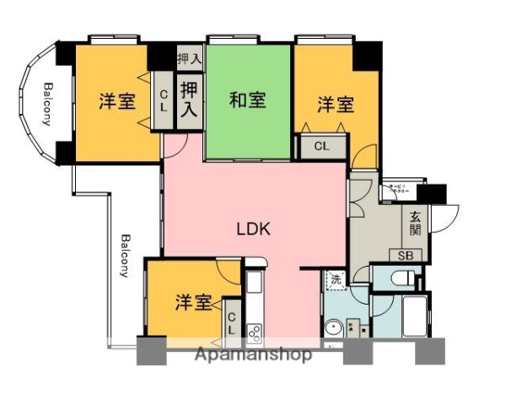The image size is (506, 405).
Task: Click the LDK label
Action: click(252, 228)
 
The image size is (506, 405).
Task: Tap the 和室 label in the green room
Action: click(248, 100)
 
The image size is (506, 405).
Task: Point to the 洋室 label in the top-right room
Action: click(336, 105)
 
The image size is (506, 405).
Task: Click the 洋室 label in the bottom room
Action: click(193, 302)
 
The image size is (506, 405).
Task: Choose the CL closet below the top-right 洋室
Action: click(322, 146)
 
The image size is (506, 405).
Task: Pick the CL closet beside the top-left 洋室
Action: click(164, 101)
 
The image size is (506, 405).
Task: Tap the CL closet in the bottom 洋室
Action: click(232, 324)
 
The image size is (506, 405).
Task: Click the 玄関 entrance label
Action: click(416, 223)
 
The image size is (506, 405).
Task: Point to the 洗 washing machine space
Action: click(336, 280)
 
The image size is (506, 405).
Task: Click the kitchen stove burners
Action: click(253, 334)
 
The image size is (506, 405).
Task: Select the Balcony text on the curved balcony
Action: click(47, 104)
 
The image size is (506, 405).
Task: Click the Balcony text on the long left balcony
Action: click(123, 255)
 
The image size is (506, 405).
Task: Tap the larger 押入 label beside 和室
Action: click(190, 99)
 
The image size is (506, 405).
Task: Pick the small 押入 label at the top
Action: click(190, 59)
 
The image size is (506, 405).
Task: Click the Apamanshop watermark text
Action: click(253, 354)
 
